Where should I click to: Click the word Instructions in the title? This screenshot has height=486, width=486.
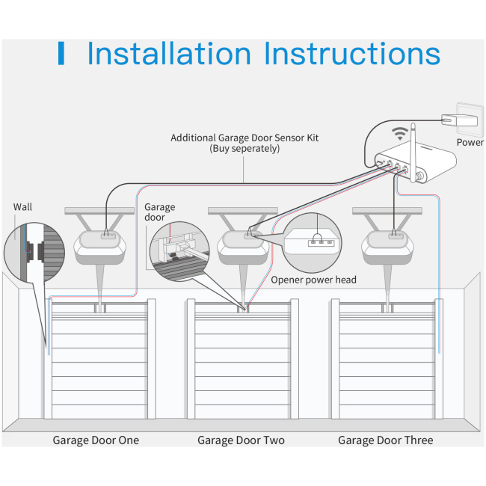[353, 55]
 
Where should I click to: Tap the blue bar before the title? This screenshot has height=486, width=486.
[61, 54]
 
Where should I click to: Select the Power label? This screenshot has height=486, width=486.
[470, 142]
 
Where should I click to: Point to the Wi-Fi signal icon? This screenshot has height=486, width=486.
[401, 135]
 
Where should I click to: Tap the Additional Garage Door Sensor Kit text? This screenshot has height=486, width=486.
[244, 138]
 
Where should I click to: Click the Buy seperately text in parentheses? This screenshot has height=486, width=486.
[244, 149]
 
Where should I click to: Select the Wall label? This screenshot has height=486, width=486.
[22, 206]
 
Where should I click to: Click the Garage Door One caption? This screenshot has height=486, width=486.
[96, 440]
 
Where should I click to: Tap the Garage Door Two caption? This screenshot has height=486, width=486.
[241, 440]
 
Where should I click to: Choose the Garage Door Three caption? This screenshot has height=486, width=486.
[385, 440]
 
